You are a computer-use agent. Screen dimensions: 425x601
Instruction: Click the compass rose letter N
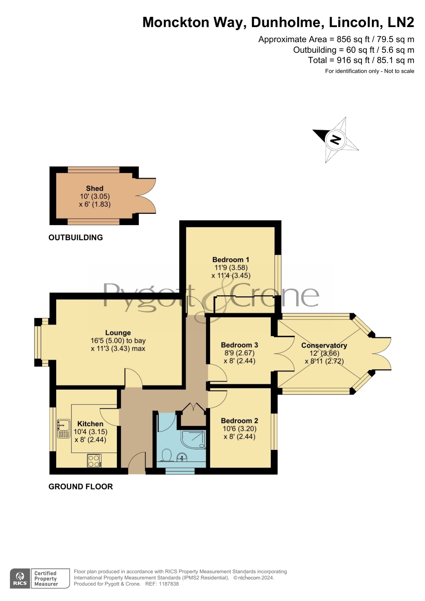click(335, 140)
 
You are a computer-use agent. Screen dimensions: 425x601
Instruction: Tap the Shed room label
click(95, 188)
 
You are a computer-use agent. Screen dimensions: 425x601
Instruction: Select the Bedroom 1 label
click(231, 260)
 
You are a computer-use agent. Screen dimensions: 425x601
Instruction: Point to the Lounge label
click(118, 333)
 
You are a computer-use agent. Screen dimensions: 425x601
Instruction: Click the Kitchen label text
click(90, 424)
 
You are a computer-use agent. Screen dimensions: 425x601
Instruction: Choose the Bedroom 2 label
click(239, 421)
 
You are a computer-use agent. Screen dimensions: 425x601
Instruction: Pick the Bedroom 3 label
click(239, 345)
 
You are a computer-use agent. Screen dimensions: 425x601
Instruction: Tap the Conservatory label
click(324, 346)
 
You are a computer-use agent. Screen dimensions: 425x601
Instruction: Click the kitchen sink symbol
click(64, 428)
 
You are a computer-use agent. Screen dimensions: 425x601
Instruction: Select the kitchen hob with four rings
click(94, 461)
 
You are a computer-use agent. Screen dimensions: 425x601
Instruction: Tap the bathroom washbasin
click(182, 457)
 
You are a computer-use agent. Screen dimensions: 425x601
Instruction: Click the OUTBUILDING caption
click(76, 238)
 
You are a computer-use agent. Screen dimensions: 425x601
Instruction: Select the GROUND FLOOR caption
click(80, 487)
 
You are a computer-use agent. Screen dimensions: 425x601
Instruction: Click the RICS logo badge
click(20, 578)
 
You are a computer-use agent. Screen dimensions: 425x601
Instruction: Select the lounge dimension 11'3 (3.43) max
click(118, 349)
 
